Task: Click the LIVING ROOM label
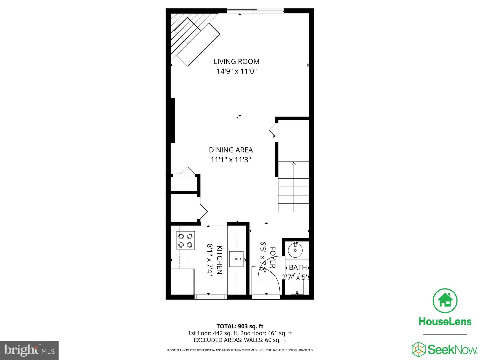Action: [236, 61]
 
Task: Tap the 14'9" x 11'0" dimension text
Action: [236, 71]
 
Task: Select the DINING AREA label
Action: [231, 150]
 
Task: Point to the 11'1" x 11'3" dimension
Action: [231, 160]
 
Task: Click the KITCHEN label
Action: [220, 260]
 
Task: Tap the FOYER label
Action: [272, 258]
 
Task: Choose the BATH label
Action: [298, 267]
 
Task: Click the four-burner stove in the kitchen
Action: [185, 241]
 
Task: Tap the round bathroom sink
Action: [295, 250]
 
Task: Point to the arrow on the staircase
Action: [294, 164]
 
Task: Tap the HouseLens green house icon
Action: [445, 300]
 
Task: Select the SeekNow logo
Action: [445, 349]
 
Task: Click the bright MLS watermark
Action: [29, 350]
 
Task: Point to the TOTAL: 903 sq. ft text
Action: [240, 326]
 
